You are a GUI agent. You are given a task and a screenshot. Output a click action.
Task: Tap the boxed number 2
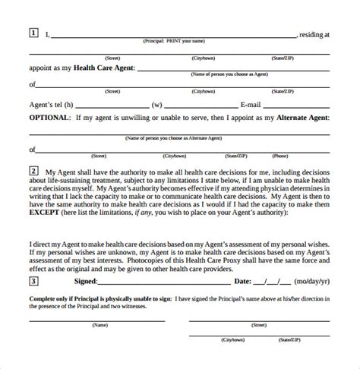pyautogui.click(x=33, y=172)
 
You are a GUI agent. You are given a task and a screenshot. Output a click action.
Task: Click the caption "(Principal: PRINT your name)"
pyautogui.click(x=175, y=41)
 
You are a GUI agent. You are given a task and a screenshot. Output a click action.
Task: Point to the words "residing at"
pyautogui.click(x=315, y=33)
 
